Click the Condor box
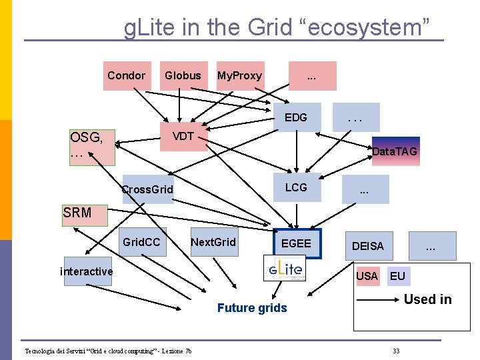127,76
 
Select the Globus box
183,76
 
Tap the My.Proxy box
239,76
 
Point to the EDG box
297,117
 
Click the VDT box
183,137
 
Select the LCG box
297,188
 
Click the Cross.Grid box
147,189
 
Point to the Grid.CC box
141,243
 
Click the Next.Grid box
213,243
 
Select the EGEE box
297,244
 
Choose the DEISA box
368,246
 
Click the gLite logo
287,271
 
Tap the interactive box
87,271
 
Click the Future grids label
252,308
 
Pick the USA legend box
367,276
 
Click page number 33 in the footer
396,351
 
